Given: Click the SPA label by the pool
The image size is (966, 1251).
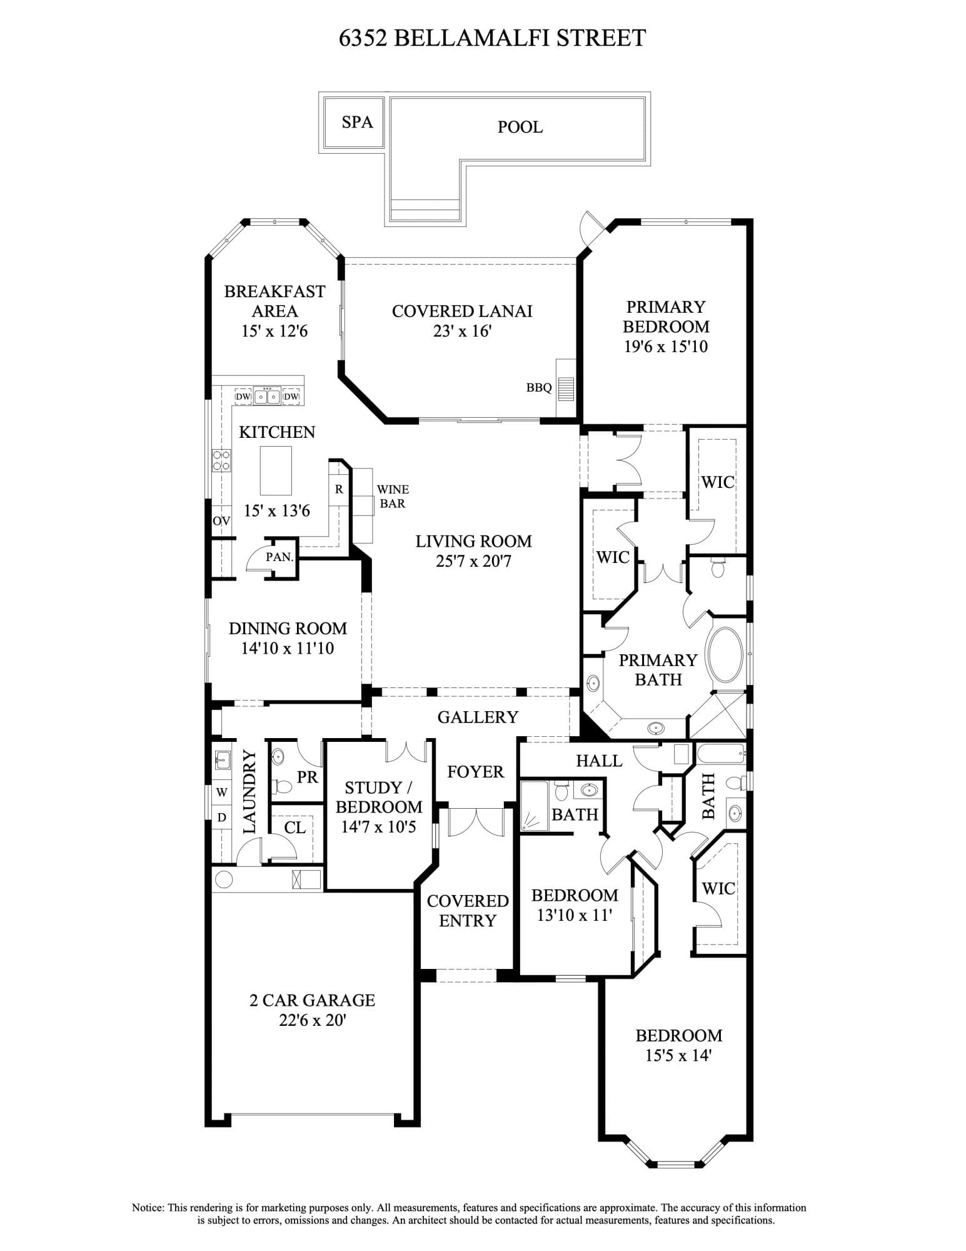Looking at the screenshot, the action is [x=357, y=121].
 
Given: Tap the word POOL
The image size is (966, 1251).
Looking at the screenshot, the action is [x=520, y=127].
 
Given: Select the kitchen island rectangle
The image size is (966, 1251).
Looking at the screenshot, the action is [x=276, y=470].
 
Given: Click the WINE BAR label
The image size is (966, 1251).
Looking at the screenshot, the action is [x=393, y=496].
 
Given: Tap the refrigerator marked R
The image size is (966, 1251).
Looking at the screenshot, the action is [x=339, y=489].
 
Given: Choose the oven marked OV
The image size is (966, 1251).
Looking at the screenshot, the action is [x=221, y=520].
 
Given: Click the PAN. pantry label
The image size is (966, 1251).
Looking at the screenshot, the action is [x=279, y=556].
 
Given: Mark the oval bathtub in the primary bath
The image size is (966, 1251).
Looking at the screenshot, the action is [x=725, y=655].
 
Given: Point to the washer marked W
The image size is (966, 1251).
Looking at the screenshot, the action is [x=222, y=792].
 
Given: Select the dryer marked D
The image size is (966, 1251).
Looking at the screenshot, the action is [x=222, y=818].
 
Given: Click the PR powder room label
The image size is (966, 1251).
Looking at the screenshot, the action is [x=307, y=777].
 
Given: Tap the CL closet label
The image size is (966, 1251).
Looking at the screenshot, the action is [x=294, y=828].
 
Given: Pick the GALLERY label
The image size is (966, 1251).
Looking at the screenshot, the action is [x=478, y=717].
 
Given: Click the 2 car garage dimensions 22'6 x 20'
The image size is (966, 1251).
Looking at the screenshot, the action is [x=313, y=1020].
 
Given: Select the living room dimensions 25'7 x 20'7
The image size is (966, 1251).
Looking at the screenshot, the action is [x=473, y=561].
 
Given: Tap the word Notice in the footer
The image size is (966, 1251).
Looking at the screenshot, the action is [x=148, y=1207].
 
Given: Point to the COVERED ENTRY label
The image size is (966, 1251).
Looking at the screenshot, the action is [x=468, y=911].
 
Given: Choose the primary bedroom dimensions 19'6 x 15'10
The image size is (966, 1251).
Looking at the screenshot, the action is [x=666, y=347].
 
